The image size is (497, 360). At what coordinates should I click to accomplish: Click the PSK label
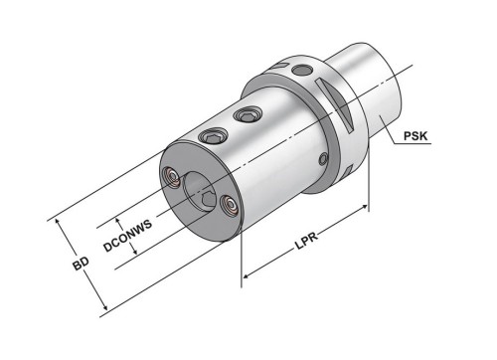(415, 136)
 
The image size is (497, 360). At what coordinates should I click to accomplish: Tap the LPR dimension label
(306, 241)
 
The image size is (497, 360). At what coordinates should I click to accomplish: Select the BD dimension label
(81, 264)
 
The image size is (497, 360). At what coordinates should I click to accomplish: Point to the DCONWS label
(127, 236)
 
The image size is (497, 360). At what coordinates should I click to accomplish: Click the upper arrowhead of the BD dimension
(58, 223)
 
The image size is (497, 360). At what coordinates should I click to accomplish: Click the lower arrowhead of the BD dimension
(104, 306)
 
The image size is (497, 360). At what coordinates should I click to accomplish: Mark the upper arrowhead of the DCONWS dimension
(117, 222)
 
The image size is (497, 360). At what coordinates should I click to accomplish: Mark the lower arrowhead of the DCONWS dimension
(134, 251)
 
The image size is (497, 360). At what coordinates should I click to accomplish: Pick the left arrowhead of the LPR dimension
(248, 275)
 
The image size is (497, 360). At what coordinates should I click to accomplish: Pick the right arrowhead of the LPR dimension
(364, 208)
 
